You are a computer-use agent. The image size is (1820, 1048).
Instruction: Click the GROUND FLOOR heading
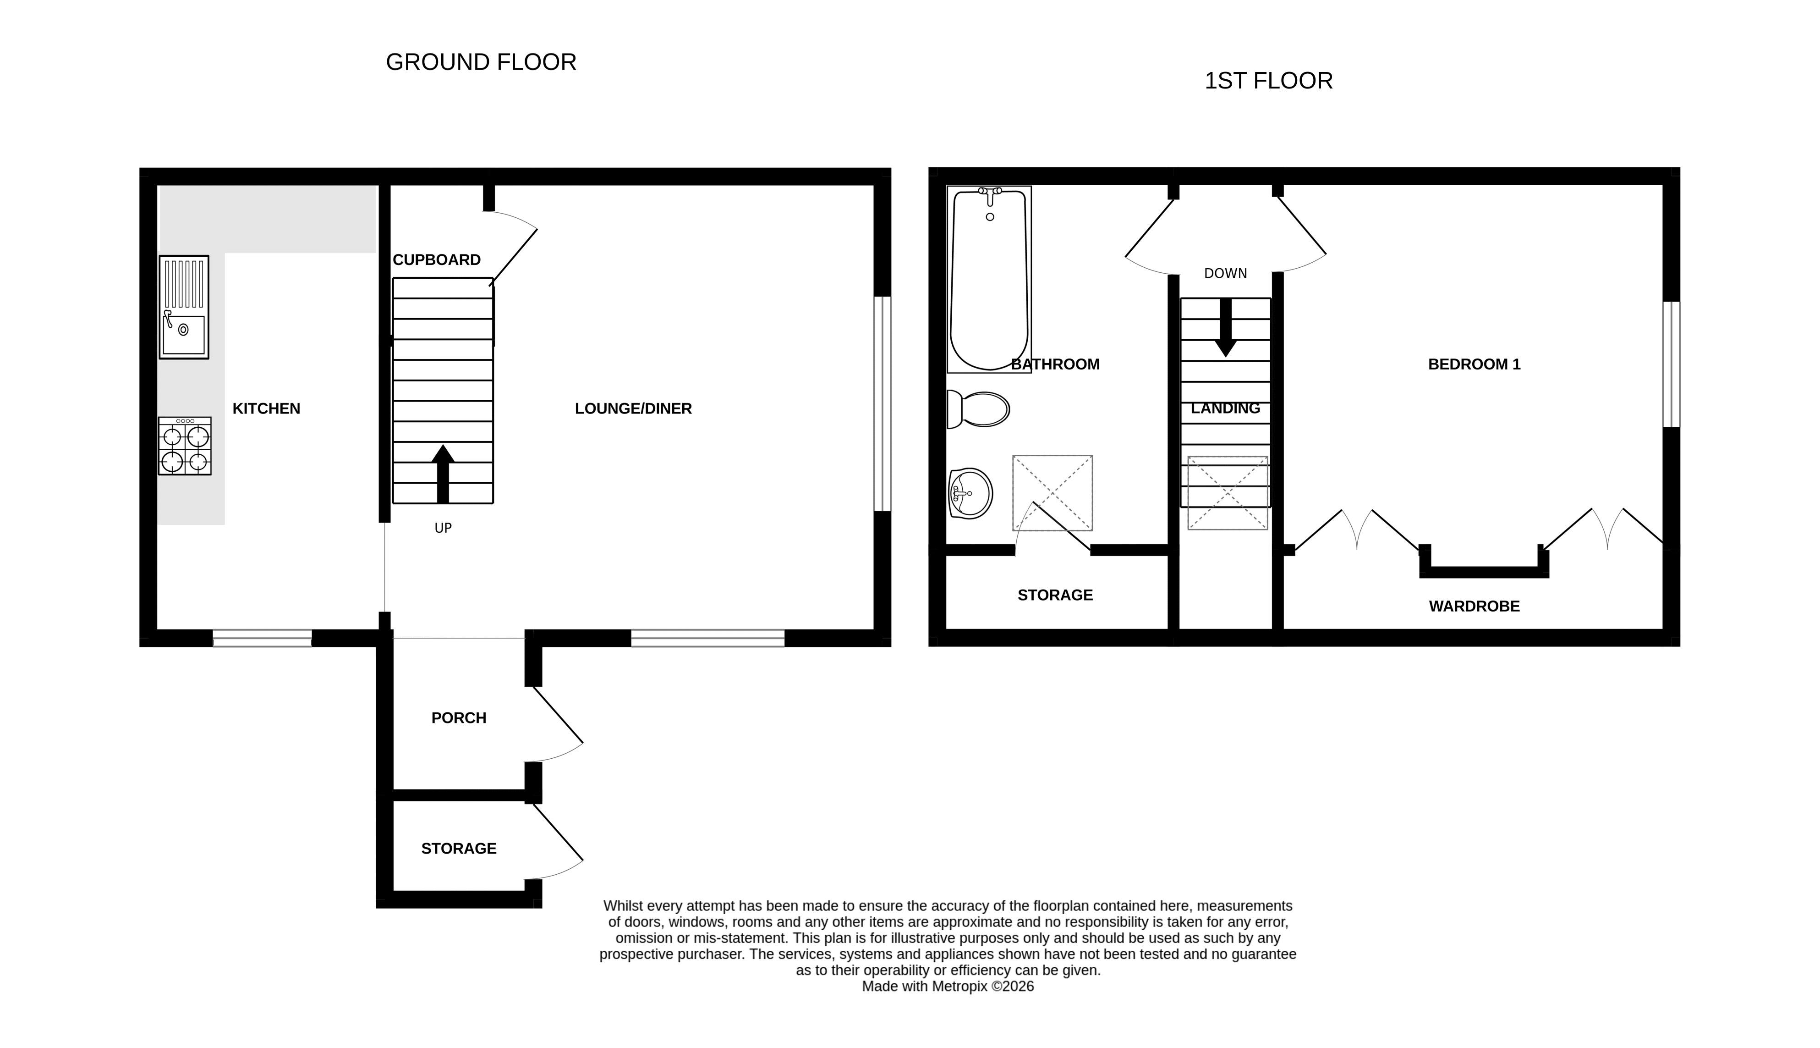pyautogui.click(x=481, y=62)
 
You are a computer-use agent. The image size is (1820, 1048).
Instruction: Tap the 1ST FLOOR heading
pyautogui.click(x=1268, y=81)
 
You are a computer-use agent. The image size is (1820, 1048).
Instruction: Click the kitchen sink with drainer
pyautogui.click(x=183, y=307)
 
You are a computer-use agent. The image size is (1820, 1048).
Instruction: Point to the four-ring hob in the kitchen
pyautogui.click(x=185, y=446)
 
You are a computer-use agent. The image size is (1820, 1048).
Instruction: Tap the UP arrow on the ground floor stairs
pyautogui.click(x=443, y=474)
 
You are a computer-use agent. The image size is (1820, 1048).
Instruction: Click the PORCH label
pyautogui.click(x=459, y=717)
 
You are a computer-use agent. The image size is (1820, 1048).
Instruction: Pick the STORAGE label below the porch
pyautogui.click(x=459, y=849)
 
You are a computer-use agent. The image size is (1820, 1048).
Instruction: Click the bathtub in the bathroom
pyautogui.click(x=989, y=279)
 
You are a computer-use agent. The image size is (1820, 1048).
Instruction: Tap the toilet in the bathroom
pyautogui.click(x=978, y=409)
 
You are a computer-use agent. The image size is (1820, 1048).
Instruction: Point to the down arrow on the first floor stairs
pyautogui.click(x=1226, y=327)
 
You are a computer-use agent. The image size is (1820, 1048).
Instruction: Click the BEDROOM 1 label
pyautogui.click(x=1474, y=364)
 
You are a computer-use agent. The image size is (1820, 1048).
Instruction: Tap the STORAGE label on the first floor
pyautogui.click(x=1055, y=595)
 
